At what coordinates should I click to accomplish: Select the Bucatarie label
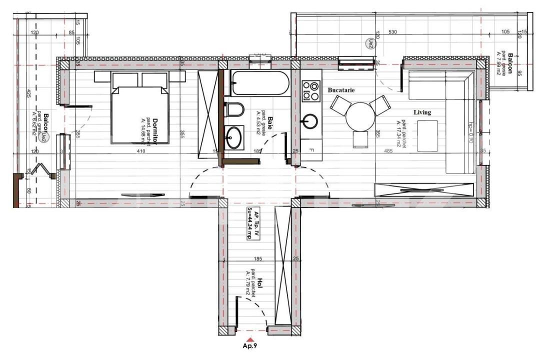pos(341,90)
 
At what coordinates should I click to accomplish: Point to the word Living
pos(422,112)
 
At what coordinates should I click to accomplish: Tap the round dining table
pos(361,116)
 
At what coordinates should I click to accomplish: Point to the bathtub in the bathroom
pos(259,83)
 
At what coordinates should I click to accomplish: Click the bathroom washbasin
pos(233,137)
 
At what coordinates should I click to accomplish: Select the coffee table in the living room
pos(427,135)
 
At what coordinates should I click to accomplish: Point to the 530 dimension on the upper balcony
pos(392,32)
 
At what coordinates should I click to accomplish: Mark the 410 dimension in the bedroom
pos(141,151)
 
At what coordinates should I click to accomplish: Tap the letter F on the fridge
pos(311,150)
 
